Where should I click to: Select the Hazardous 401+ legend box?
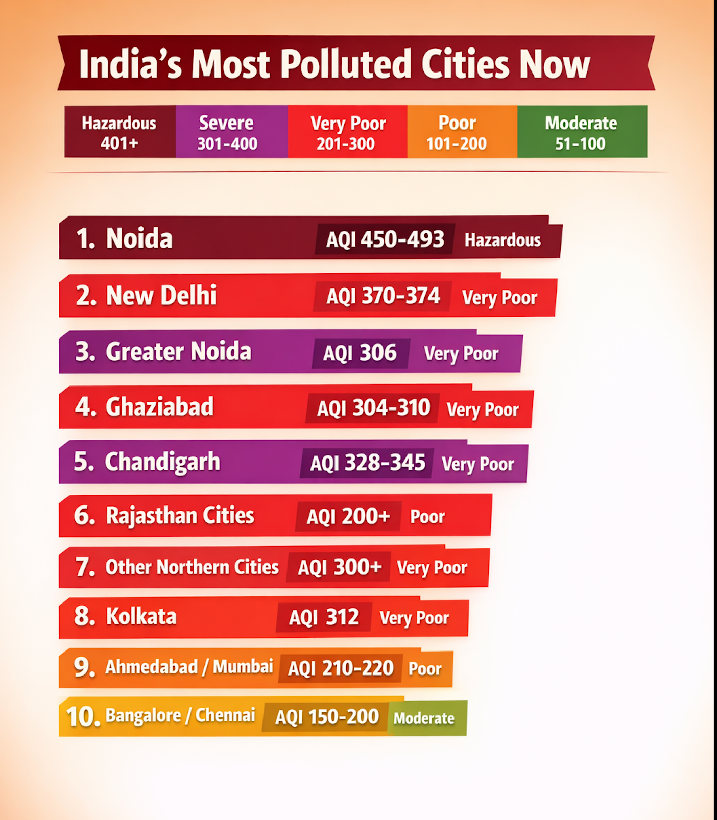click(120, 132)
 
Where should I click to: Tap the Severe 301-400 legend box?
click(232, 132)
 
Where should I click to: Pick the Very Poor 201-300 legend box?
click(347, 132)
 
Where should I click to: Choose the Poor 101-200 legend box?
click(462, 132)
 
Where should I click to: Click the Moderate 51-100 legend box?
click(582, 132)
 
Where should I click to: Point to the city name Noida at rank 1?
click(139, 238)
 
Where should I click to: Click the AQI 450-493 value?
click(385, 239)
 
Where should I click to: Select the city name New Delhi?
click(161, 295)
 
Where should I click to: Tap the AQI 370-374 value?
click(383, 296)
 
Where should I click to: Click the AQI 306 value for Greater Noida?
click(360, 353)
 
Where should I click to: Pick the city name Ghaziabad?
click(159, 407)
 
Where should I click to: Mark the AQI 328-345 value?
click(368, 463)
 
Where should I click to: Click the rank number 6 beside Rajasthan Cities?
click(84, 516)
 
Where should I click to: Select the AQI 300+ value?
click(340, 567)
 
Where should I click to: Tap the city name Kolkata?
click(141, 616)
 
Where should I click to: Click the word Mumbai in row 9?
click(243, 667)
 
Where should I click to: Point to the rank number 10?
click(83, 716)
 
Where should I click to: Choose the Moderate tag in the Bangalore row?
click(424, 718)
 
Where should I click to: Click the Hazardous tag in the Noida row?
click(503, 240)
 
